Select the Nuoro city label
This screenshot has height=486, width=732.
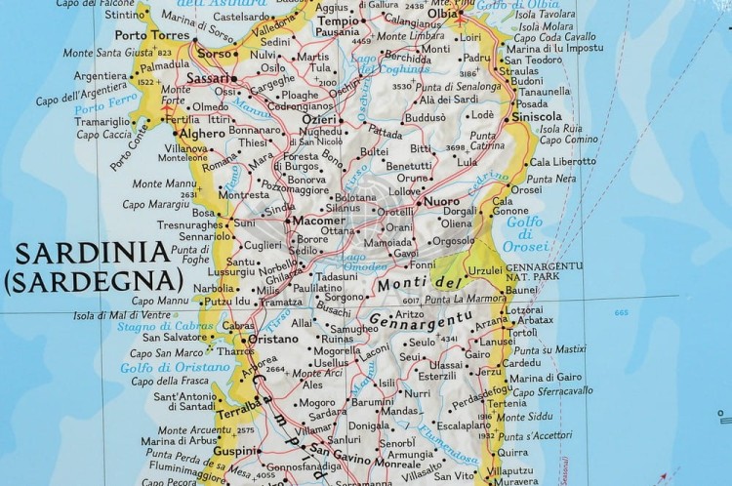442,201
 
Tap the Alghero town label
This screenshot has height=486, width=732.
203,133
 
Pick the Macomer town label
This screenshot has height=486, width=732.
313,222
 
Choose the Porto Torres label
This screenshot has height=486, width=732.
158,35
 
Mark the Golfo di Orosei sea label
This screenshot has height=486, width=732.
524,233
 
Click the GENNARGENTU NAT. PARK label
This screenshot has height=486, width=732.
545,271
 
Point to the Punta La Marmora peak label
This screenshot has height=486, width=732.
465,299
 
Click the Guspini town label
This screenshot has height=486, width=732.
236,451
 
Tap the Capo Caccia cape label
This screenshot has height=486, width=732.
103,134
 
